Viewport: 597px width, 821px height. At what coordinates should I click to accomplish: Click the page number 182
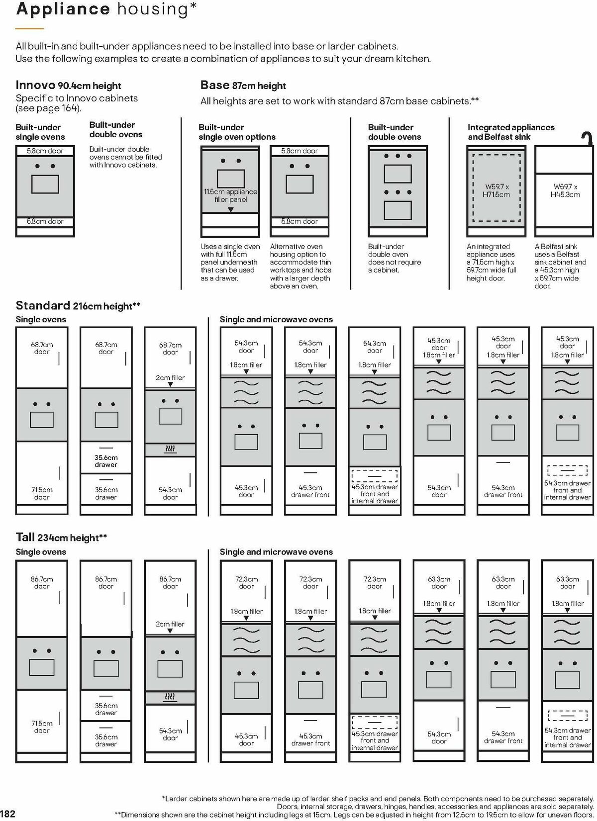[x=8, y=814]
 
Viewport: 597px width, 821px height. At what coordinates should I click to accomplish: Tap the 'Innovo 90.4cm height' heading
[x=68, y=86]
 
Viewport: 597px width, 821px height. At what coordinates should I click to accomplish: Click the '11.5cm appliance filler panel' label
[x=230, y=195]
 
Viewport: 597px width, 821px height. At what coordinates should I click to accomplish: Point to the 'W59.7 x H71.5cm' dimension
[x=496, y=190]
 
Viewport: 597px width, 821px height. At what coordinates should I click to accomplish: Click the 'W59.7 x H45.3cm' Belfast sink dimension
[x=565, y=190]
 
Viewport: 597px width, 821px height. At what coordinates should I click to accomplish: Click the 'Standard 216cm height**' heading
[x=78, y=306]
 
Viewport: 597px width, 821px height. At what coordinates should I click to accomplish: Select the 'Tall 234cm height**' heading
[x=62, y=537]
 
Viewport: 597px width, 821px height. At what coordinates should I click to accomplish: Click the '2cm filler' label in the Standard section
[x=170, y=377]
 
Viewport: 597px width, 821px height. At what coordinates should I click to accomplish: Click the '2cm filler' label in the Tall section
[x=170, y=624]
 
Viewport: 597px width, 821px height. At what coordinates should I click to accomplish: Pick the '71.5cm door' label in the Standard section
[x=42, y=493]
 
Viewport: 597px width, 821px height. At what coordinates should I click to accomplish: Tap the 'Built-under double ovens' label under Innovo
[x=116, y=130]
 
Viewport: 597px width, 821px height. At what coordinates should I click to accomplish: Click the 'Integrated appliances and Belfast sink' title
[x=511, y=132]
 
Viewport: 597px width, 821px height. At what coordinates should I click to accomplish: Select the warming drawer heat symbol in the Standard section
[x=170, y=450]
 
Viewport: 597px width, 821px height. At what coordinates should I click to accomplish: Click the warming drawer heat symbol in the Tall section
[x=170, y=697]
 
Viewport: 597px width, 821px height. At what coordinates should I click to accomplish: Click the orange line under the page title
[x=29, y=28]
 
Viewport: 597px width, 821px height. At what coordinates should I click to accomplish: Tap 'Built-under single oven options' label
[x=237, y=132]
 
